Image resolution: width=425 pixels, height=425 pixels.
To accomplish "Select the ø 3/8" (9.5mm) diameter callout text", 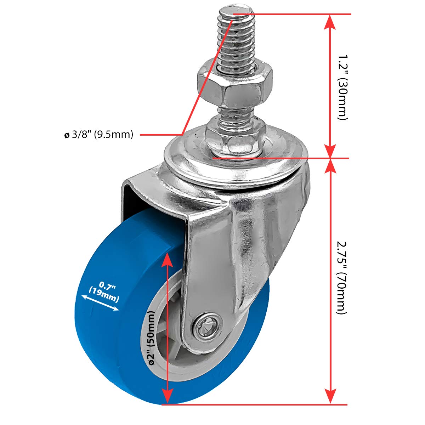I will point(99,135).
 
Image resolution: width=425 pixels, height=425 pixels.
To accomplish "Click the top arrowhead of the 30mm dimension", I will point(330,21).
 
